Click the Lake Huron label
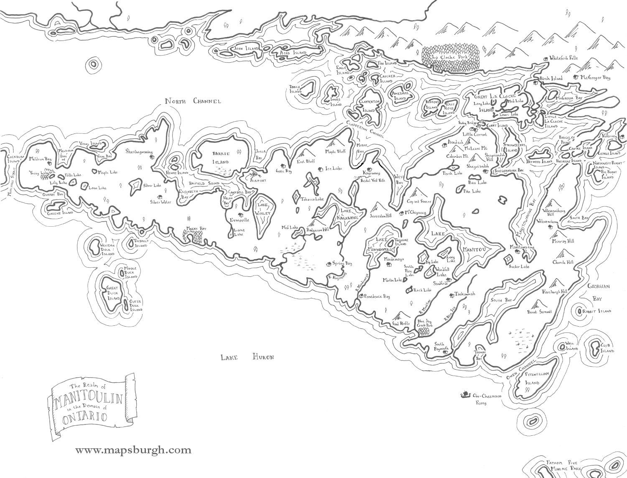pos(247,357)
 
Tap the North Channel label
pos(192,101)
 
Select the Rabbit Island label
pos(599,311)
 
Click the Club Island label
pos(607,348)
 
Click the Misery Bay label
pos(196,229)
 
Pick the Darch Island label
pos(296,89)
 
